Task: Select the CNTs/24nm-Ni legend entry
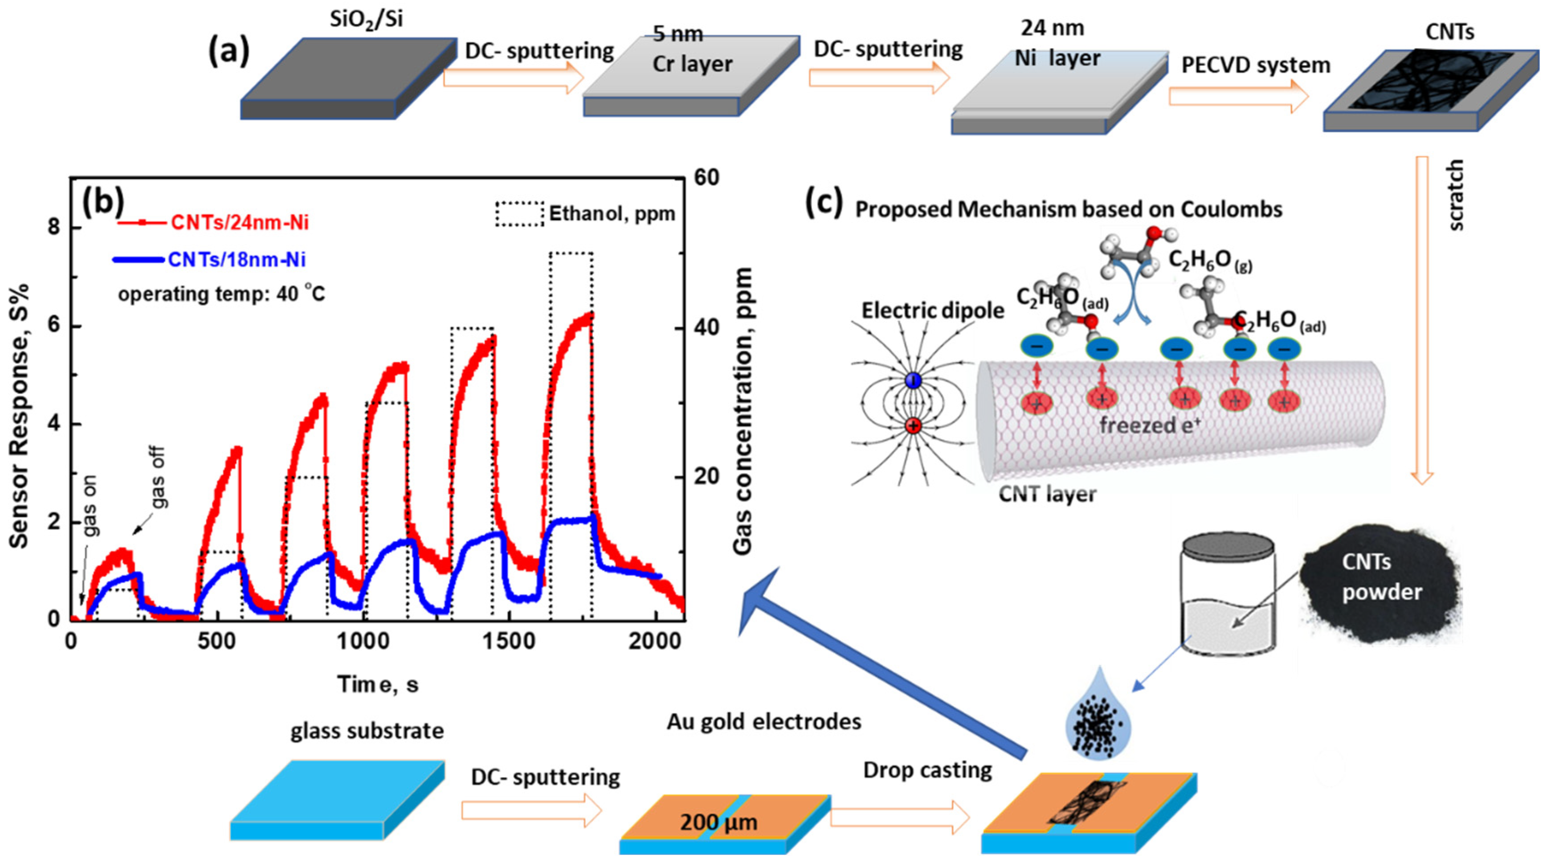[x=240, y=223]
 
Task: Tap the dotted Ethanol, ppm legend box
[x=519, y=214]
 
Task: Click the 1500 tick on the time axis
[x=509, y=641]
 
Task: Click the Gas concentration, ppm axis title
[x=742, y=410]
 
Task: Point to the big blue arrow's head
[x=756, y=599]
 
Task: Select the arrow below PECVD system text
[x=1239, y=96]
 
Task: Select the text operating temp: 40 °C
[x=222, y=294]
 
